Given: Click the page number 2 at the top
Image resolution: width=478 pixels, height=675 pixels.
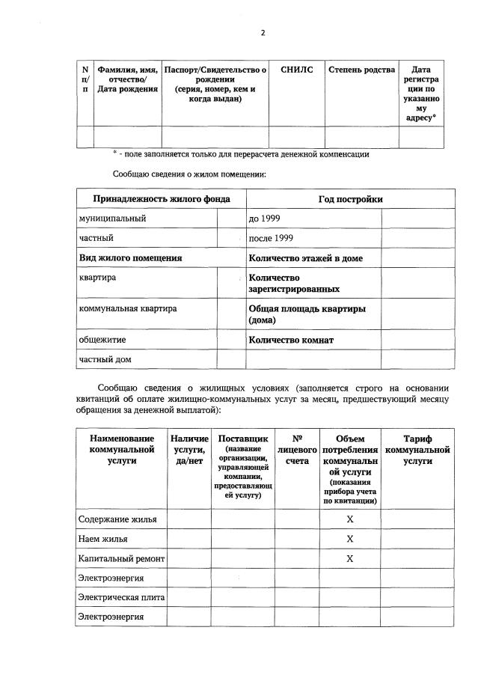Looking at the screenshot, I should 263,33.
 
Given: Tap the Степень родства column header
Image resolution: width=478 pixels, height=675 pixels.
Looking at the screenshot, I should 361,70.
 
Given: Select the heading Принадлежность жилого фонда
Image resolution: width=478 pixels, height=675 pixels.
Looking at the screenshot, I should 161,199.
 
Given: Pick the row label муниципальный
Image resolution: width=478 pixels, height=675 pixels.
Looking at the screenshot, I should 113,219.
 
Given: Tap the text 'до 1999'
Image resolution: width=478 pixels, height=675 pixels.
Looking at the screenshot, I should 265,219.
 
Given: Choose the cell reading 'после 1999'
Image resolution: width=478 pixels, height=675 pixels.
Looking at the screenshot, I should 271,238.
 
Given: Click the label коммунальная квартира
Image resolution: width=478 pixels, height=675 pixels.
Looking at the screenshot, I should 128,308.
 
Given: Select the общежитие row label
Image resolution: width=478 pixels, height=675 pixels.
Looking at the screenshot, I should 102,339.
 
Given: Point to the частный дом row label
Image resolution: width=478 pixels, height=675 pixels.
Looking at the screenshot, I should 105,359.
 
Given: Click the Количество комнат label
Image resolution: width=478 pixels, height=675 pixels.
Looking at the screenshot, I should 291,340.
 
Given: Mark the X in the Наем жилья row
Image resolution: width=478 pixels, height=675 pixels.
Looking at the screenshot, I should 349,539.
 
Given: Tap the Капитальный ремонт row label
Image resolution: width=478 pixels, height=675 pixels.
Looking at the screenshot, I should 121,558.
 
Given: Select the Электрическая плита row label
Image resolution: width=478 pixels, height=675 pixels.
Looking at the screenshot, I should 121,597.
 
